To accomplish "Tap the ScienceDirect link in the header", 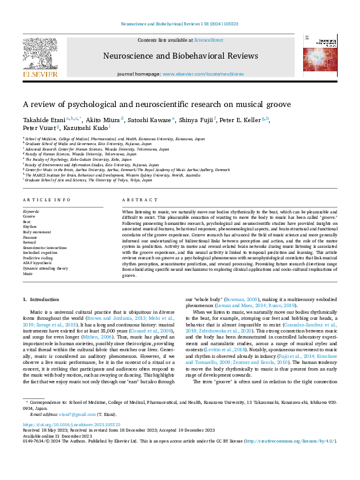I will coord(208,39).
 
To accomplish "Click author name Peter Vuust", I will coord(39,129).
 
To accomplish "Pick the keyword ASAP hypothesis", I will coord(37,262).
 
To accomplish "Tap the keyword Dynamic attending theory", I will coord(45,268).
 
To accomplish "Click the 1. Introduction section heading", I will coord(41,300).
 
